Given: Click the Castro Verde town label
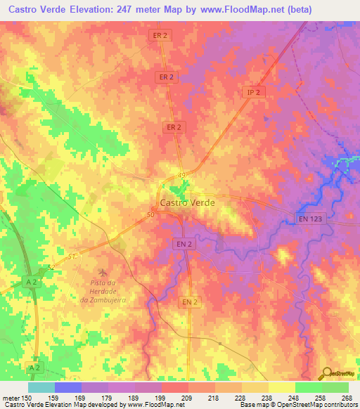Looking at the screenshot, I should pyautogui.click(x=188, y=202).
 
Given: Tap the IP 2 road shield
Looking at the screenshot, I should pyautogui.click(x=254, y=92).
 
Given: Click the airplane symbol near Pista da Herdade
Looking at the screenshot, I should pyautogui.click(x=104, y=271).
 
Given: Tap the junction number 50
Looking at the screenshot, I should pyautogui.click(x=150, y=215).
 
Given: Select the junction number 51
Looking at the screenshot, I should pyautogui.click(x=71, y=257).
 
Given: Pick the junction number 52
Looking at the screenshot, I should pyautogui.click(x=51, y=268).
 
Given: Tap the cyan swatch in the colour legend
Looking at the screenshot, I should pyautogui.click(x=41, y=387).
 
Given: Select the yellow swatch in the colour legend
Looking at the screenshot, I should pyautogui.click(x=281, y=387).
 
